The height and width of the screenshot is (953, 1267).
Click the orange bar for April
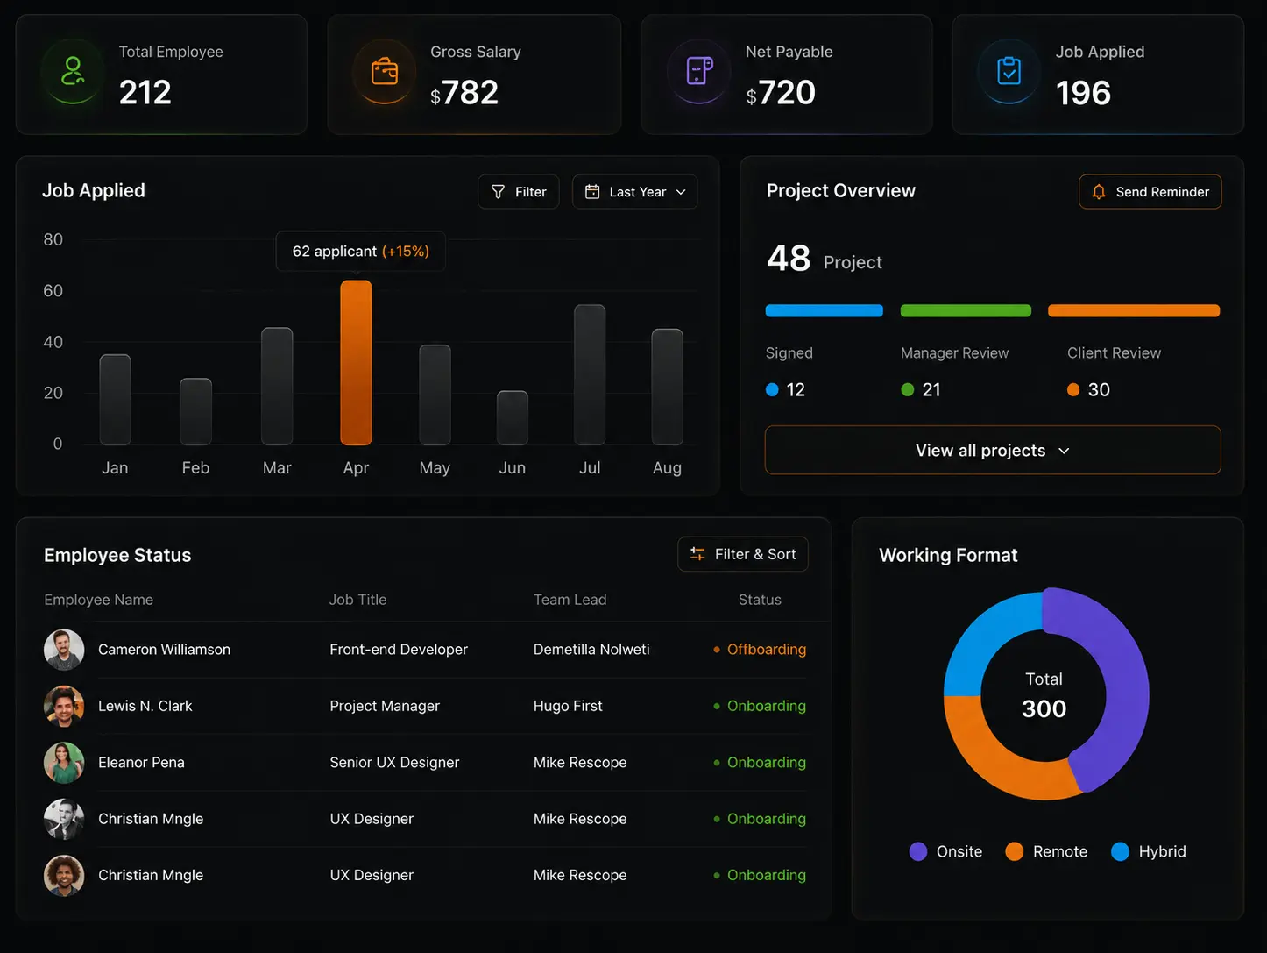(x=356, y=363)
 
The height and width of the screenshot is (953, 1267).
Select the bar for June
(x=513, y=417)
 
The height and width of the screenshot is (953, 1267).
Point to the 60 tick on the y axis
(x=53, y=290)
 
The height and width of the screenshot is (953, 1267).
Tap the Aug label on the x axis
(x=668, y=468)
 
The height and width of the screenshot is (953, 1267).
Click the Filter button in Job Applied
(x=519, y=192)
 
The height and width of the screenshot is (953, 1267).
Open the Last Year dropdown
(x=635, y=192)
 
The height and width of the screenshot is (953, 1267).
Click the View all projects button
(x=993, y=450)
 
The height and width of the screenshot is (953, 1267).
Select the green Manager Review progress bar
(x=966, y=310)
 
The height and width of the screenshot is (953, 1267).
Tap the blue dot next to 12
(x=772, y=390)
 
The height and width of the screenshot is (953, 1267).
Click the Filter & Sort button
(x=743, y=554)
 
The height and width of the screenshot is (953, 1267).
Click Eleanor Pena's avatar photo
(x=64, y=763)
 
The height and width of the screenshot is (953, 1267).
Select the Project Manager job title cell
(x=385, y=706)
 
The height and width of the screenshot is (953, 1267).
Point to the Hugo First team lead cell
(x=568, y=706)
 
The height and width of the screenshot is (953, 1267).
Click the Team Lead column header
(x=570, y=600)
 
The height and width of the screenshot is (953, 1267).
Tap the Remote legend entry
(x=1046, y=851)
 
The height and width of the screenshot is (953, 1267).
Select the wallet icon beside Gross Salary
(x=385, y=72)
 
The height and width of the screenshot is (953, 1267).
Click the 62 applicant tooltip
(x=361, y=252)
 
